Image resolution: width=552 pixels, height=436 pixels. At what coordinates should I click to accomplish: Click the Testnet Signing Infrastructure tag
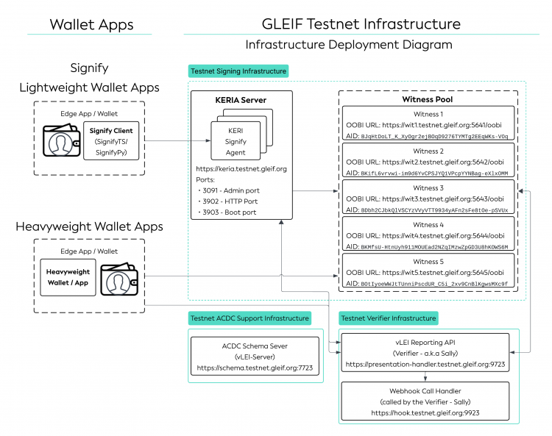tap(238, 71)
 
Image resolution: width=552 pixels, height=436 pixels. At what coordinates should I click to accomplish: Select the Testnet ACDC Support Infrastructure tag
tap(250, 318)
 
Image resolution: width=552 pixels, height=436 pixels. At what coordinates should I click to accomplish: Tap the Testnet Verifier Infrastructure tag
tap(389, 318)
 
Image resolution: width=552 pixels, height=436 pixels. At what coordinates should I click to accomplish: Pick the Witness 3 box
tap(428, 199)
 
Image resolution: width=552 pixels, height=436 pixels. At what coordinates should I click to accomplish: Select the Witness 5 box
tap(428, 272)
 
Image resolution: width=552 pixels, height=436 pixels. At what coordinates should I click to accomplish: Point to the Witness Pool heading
tap(428, 99)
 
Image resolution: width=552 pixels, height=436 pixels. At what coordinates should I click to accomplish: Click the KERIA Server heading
tap(241, 100)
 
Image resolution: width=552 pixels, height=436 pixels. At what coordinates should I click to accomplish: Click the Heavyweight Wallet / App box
tap(68, 276)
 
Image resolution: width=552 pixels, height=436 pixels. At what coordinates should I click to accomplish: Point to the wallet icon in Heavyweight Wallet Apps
tap(120, 279)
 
